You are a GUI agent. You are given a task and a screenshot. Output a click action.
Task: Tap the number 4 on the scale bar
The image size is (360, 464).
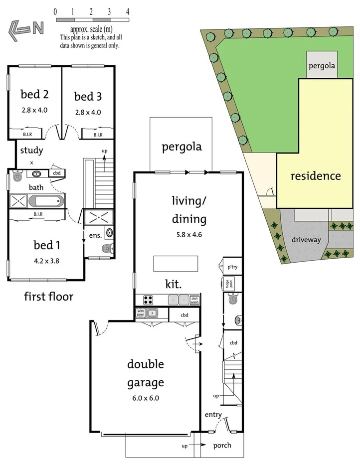pyautogui.click(x=128, y=11)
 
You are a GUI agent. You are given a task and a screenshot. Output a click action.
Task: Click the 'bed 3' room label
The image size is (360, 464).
pyautogui.click(x=87, y=96)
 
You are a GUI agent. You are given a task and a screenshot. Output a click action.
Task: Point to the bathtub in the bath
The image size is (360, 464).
pyautogui.click(x=46, y=201)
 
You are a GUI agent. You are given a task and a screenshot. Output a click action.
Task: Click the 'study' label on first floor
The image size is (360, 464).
pyautogui.click(x=31, y=150)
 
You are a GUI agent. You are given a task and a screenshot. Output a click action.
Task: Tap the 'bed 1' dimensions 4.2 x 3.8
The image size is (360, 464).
pyautogui.click(x=46, y=260)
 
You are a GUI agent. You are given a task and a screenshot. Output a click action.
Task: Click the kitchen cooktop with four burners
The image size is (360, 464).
pyautogui.click(x=149, y=300)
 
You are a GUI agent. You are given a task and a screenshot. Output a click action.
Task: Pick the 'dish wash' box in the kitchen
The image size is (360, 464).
pyautogui.click(x=195, y=300)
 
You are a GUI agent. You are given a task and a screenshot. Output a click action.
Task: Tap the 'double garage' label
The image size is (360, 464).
pyautogui.click(x=145, y=373)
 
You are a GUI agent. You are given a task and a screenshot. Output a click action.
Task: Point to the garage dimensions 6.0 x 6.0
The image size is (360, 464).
pyautogui.click(x=145, y=398)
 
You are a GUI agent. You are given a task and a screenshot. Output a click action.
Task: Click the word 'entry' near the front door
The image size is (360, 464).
pyautogui.click(x=213, y=415)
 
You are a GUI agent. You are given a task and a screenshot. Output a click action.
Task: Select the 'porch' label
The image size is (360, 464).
pyautogui.click(x=222, y=446)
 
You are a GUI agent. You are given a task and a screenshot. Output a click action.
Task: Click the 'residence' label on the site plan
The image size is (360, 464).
pyautogui.click(x=316, y=176)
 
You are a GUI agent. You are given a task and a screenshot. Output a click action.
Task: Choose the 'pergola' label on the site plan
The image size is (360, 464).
pyautogui.click(x=322, y=65)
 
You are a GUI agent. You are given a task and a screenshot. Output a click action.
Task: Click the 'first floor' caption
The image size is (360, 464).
pyautogui.click(x=49, y=297)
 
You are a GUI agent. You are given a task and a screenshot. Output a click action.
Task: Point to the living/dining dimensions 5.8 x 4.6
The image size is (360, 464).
pyautogui.click(x=189, y=235)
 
